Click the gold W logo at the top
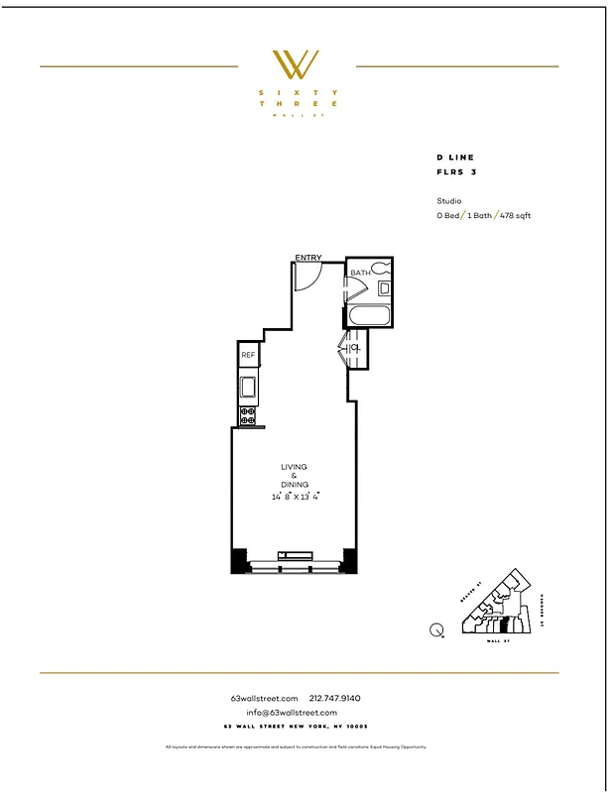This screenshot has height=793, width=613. coord(296,64)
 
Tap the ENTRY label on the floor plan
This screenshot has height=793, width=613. coord(307,259)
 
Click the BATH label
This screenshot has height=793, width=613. coord(359,273)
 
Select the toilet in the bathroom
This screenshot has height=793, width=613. coord(382,270)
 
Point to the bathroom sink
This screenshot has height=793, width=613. coord(384,288)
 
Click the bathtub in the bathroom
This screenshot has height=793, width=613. coord(370,317)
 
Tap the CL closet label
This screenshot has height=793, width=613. coord(355,348)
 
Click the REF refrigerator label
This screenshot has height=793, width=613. coord(248,355)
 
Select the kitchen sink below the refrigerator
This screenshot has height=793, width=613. coord(248,387)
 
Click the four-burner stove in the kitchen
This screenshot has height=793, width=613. coord(248,414)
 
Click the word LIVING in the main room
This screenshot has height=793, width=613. coord(294,467)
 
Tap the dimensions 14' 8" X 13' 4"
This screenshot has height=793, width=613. coord(294,497)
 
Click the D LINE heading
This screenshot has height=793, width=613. coord(455,158)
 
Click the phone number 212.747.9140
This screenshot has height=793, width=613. coord(336,698)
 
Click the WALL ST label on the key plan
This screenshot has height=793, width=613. coord(495,641)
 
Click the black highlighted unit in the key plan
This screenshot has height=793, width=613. coord(503,624)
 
